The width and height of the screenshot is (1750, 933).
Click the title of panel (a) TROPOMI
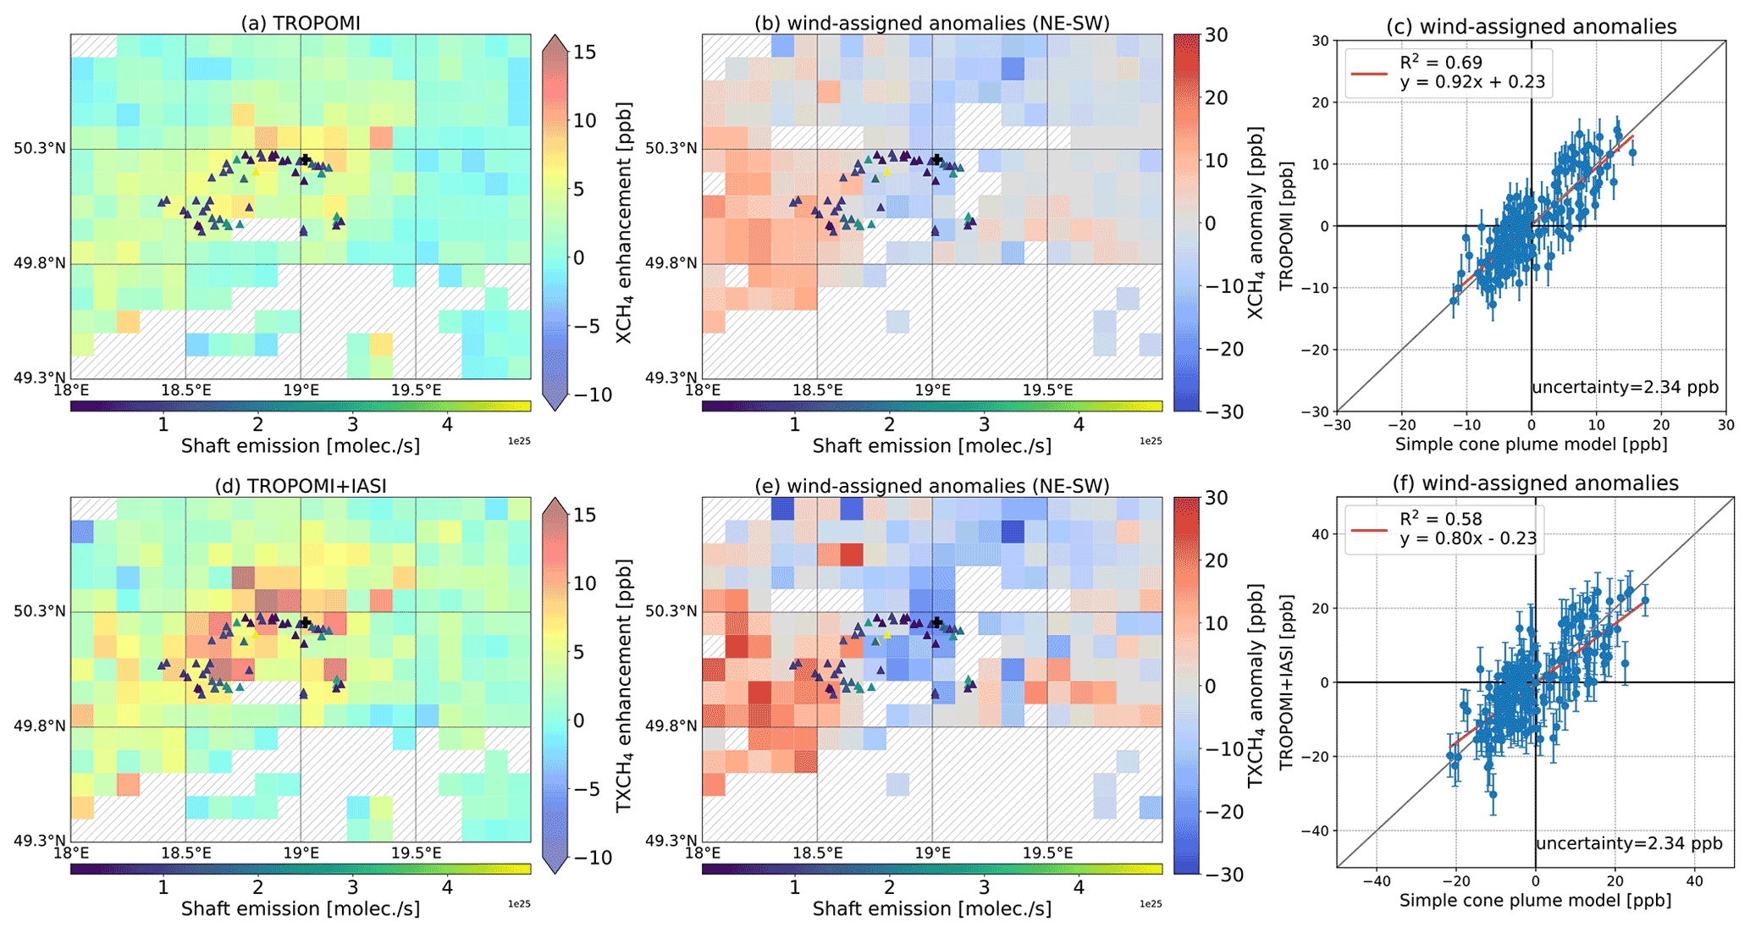[301, 23]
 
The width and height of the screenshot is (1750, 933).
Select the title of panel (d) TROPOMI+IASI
[301, 485]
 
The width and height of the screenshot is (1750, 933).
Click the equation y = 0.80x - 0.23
[1469, 538]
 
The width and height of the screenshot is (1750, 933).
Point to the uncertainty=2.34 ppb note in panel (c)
[1625, 387]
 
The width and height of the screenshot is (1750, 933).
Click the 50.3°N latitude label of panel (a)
[40, 149]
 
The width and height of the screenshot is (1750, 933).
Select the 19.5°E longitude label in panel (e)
[1047, 853]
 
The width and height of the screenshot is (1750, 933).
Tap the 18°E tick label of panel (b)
[703, 390]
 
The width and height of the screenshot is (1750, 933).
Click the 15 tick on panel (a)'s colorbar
[585, 52]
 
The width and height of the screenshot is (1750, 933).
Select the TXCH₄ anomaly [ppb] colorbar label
[1256, 686]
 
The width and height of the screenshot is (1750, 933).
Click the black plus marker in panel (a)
[306, 159]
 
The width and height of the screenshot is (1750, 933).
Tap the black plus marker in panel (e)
[937, 622]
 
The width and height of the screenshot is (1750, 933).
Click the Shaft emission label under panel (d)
[301, 908]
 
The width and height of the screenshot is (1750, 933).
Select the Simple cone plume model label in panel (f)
[1535, 901]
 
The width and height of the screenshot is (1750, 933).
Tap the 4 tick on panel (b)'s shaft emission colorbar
[1079, 424]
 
